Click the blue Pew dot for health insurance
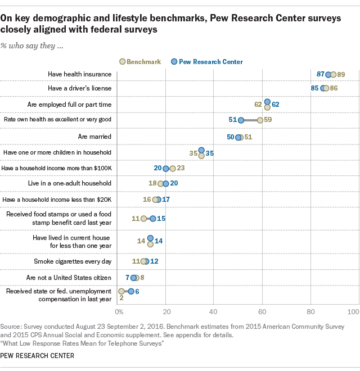328,74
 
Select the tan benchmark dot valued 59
260,120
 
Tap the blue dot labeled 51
241,120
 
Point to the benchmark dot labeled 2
121,291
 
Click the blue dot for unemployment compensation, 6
131,291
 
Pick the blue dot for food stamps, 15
152,218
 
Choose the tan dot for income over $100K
173,168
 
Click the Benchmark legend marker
123,61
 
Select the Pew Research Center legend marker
174,61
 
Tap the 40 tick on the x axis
213,311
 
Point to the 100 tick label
353,311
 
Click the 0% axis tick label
119,311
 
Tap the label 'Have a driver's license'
79,88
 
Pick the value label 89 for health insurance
341,74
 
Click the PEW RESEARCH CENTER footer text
34,356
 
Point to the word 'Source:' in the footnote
11,326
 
